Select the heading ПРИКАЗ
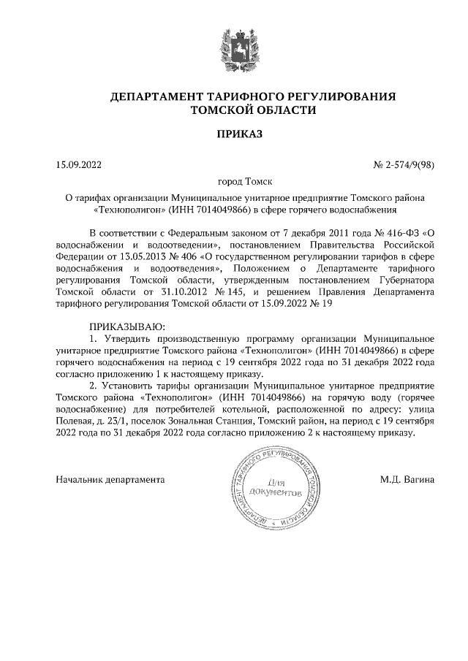pyautogui.click(x=234, y=134)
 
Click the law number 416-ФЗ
pyautogui.click(x=401, y=231)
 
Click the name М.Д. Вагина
pyautogui.click(x=407, y=480)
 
